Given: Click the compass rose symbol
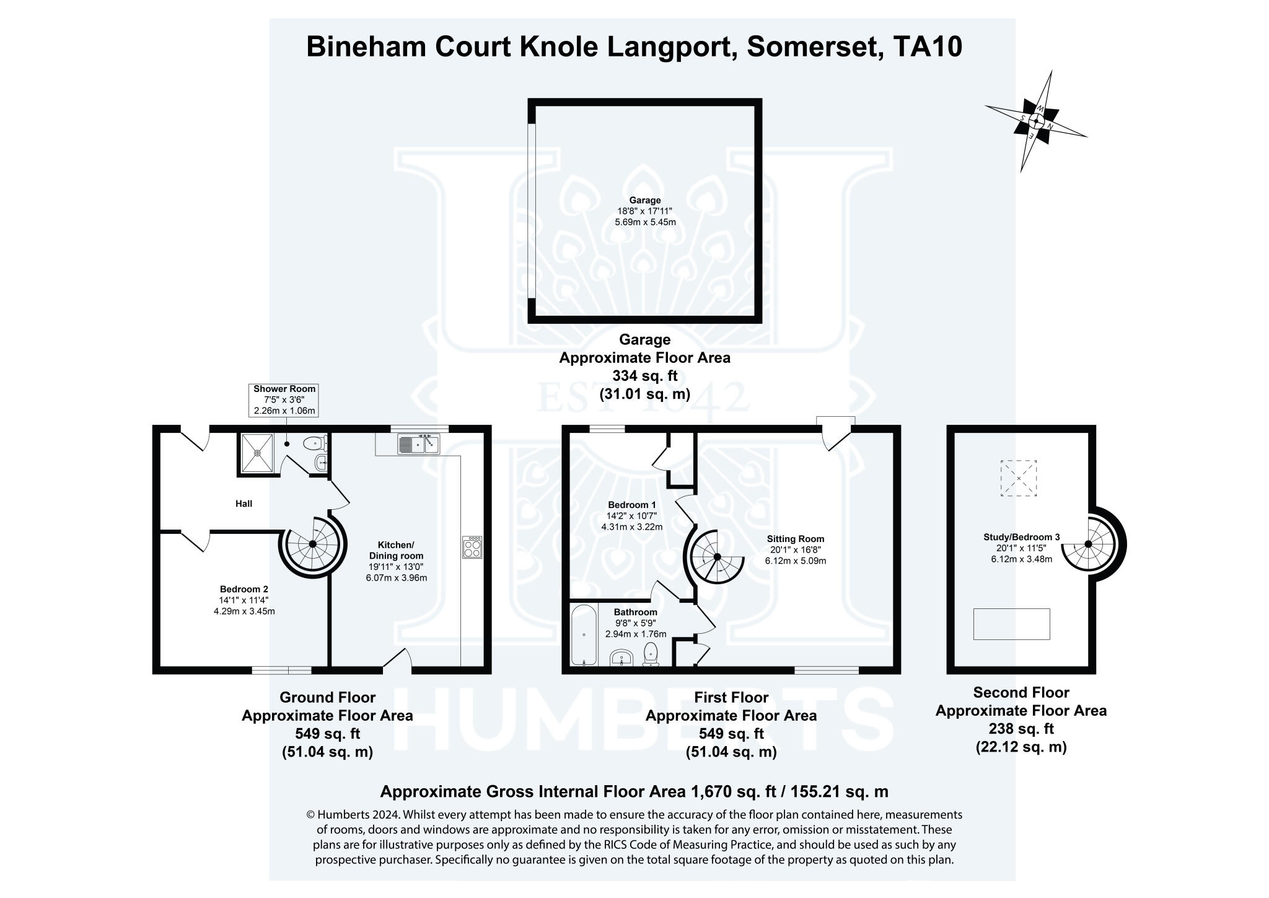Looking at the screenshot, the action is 1035,121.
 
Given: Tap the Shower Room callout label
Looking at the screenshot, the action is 284,400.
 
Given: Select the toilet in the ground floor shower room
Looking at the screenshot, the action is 315,443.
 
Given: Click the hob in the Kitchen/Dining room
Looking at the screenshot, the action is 472,548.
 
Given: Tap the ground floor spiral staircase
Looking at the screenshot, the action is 312,545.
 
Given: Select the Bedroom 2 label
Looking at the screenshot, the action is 244,589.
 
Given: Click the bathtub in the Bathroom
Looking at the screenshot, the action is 584,636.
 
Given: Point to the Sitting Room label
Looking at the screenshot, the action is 796,539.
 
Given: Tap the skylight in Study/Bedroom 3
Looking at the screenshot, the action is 1019,478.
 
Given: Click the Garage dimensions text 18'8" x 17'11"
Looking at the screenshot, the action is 645,211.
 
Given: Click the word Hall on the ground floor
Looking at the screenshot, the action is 244,504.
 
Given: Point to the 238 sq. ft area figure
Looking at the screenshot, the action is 1021,729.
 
